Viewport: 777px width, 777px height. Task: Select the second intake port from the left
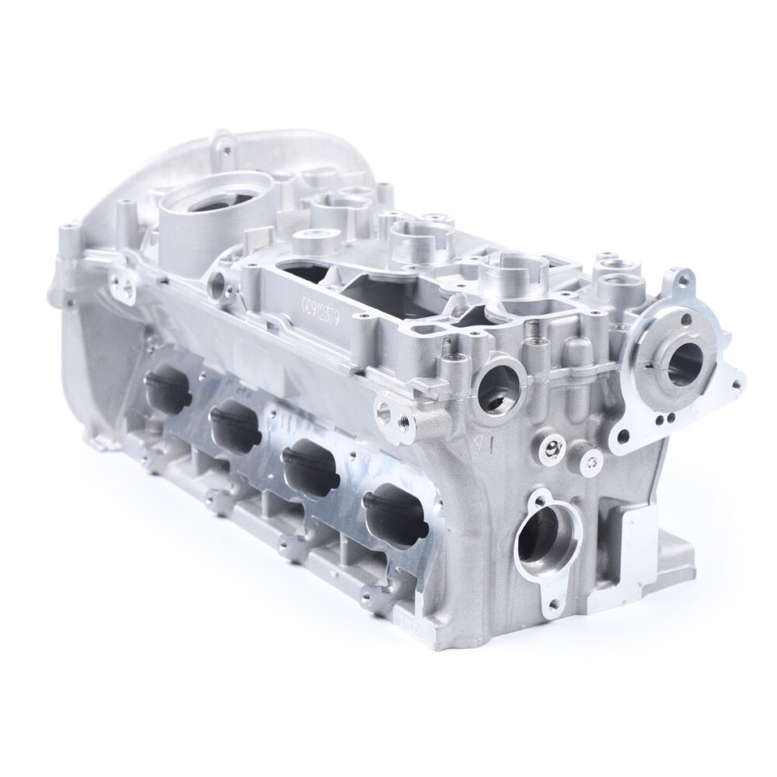pos(236,426)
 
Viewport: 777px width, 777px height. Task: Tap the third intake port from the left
pos(310,469)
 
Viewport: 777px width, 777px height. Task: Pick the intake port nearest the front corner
pos(394,515)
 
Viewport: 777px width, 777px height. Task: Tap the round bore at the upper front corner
pos(499,387)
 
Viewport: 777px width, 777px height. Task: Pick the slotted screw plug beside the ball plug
pos(593,461)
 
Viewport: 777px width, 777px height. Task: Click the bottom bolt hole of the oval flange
pos(553,603)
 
